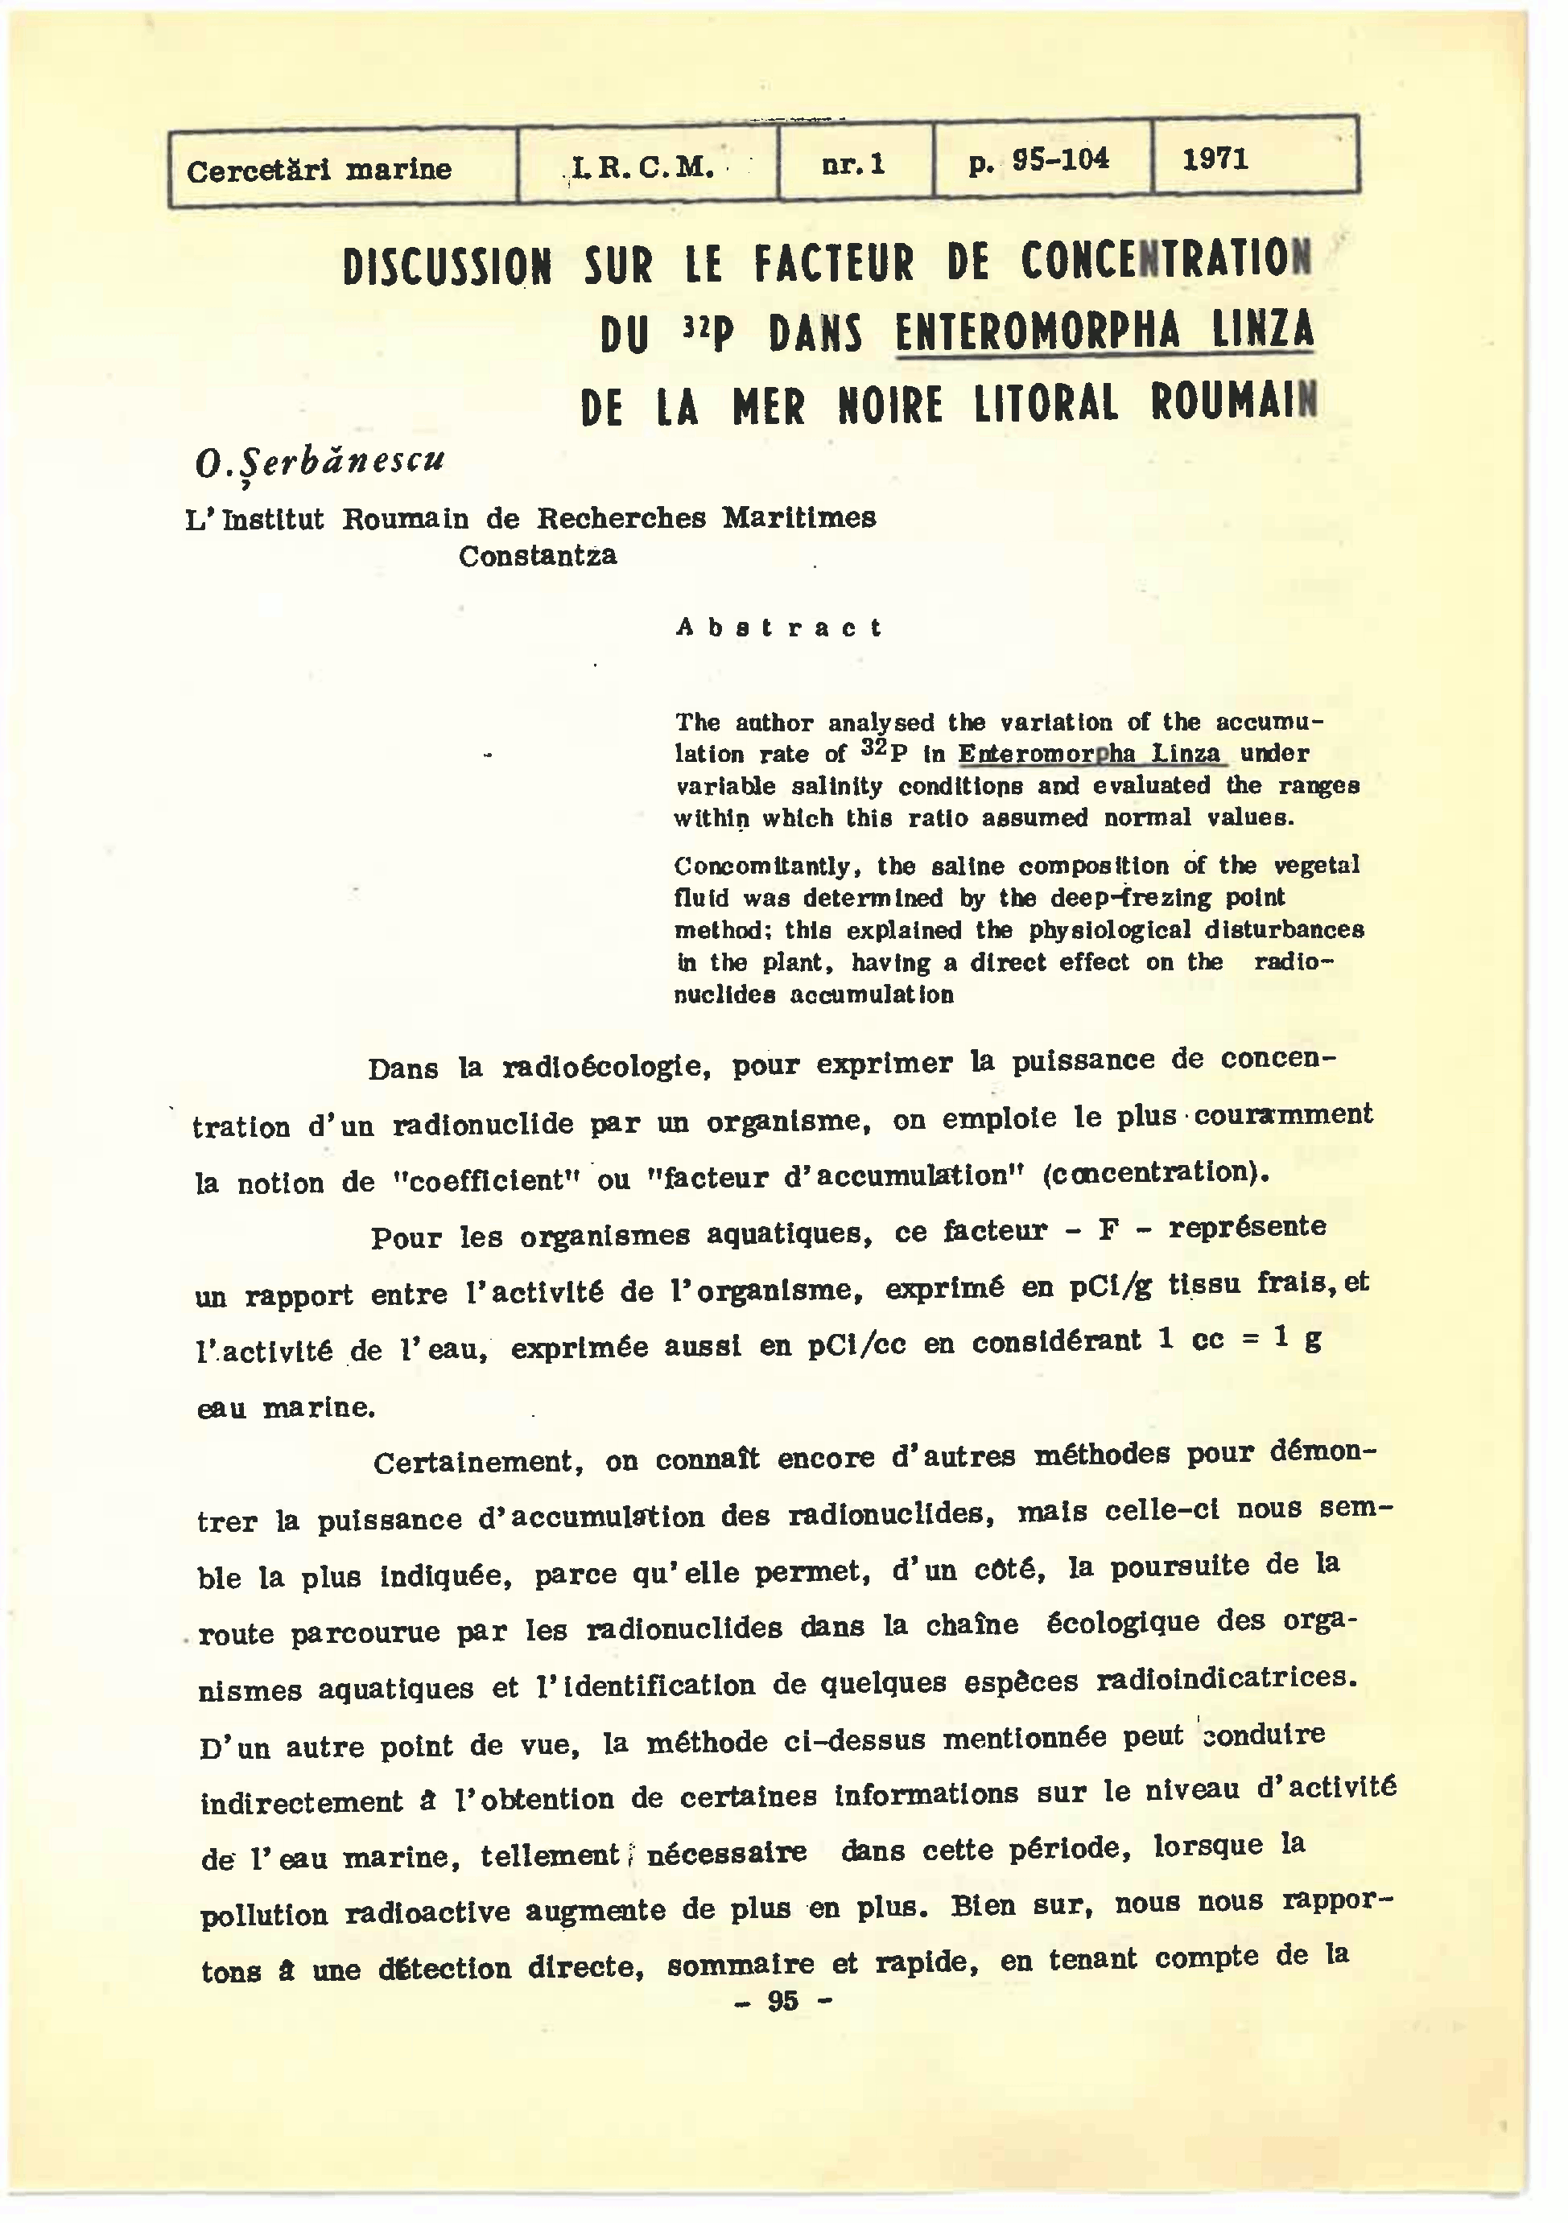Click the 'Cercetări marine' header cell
319,171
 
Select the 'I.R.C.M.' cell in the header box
643,168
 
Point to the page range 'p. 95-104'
1038,161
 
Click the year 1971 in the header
1215,158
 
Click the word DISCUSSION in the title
448,267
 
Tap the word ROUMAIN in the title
1234,401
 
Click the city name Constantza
538,556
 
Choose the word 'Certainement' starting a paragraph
477,1462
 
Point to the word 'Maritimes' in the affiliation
799,518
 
